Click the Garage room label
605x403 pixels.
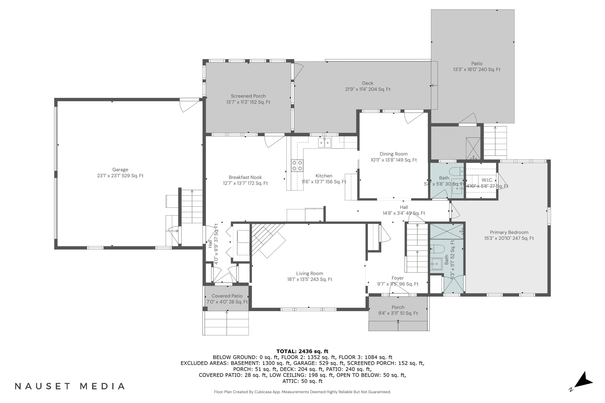[120, 170]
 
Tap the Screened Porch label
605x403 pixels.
[248, 96]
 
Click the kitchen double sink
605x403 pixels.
[325, 143]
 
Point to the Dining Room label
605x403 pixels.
[394, 154]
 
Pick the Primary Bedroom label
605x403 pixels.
[509, 232]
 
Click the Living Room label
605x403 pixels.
[310, 273]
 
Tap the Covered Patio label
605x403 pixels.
[227, 296]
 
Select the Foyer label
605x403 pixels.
[398, 278]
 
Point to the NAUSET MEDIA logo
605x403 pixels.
[70, 386]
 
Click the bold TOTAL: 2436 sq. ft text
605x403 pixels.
[302, 351]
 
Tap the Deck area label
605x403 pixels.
[368, 83]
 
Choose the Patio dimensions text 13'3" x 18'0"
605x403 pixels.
[465, 69]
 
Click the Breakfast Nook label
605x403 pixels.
[245, 177]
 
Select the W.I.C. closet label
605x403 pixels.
[487, 180]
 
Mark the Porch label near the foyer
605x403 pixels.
[398, 307]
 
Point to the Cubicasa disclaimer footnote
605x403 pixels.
[302, 392]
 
